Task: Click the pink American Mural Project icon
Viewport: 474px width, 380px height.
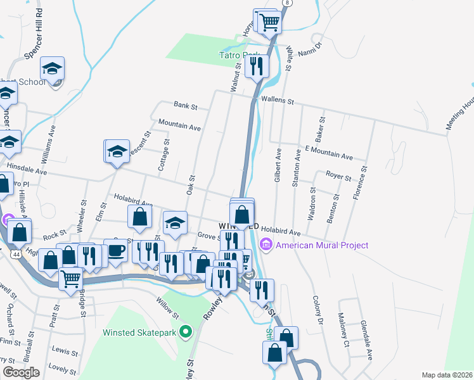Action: click(266, 244)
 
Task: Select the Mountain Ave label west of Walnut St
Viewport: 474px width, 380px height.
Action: click(179, 125)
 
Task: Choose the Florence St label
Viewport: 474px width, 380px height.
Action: click(359, 184)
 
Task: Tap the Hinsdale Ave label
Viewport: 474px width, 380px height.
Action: click(27, 172)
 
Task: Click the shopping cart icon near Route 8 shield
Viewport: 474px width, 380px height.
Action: click(270, 22)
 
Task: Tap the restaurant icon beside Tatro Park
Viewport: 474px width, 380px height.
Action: click(257, 65)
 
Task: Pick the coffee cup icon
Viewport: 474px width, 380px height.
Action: click(115, 250)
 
